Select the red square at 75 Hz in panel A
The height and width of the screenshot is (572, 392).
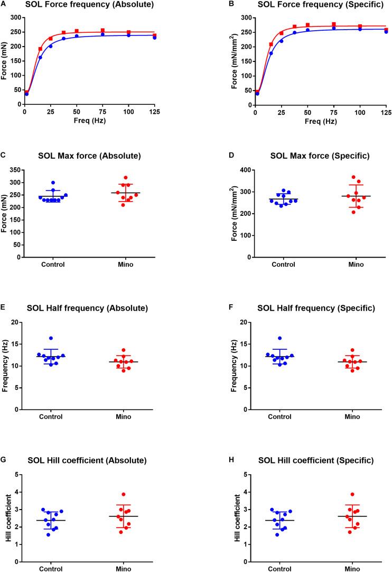pyautogui.click(x=102, y=31)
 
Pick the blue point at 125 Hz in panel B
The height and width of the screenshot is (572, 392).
pyautogui.click(x=386, y=32)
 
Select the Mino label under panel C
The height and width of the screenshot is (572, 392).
pyautogui.click(x=137, y=265)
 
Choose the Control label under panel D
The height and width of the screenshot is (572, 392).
pyautogui.click(x=282, y=265)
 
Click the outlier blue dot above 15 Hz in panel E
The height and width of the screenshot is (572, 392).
pyautogui.click(x=51, y=338)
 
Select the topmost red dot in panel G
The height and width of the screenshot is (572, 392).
pyautogui.click(x=138, y=479)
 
